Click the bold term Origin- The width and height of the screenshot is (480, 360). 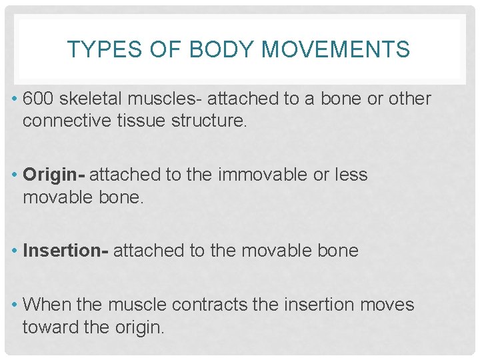pyautogui.click(x=53, y=175)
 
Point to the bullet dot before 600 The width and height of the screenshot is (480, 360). pyautogui.click(x=14, y=99)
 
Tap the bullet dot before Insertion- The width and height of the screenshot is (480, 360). pyautogui.click(x=14, y=251)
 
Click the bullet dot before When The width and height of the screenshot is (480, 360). pyautogui.click(x=14, y=305)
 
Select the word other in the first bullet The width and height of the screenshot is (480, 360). pyautogui.click(x=410, y=99)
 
